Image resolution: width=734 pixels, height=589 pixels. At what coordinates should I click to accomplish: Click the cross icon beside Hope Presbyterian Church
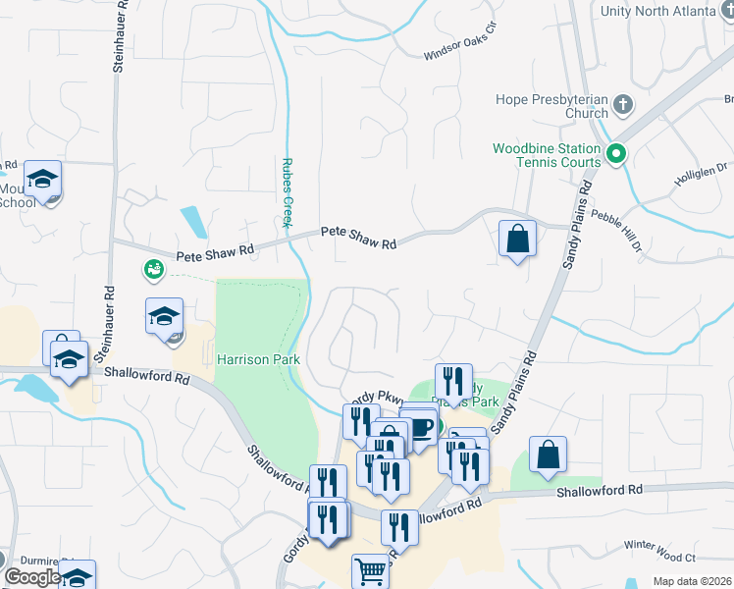click(x=622, y=102)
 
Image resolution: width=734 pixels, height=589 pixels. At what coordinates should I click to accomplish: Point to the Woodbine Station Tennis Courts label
click(x=546, y=154)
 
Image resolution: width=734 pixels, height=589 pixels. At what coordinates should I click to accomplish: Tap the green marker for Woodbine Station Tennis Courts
click(x=616, y=153)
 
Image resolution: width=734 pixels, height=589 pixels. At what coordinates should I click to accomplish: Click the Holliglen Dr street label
click(x=700, y=174)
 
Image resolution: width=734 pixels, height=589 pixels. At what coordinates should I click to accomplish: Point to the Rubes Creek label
click(x=288, y=191)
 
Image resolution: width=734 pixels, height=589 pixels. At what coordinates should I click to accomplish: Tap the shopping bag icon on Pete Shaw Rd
click(x=517, y=238)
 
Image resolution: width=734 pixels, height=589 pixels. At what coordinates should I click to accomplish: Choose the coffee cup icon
click(x=420, y=428)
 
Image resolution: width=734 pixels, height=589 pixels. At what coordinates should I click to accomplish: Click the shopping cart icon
click(x=370, y=570)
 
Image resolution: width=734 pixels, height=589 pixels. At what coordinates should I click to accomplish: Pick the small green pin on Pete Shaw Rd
click(x=152, y=267)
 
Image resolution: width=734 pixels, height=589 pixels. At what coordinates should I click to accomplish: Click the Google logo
click(x=32, y=577)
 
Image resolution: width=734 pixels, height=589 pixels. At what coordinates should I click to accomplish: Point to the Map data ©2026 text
click(x=692, y=581)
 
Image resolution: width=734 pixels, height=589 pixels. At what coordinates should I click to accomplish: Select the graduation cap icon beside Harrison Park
click(x=165, y=316)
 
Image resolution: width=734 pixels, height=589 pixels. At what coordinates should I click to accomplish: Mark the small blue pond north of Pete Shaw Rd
click(x=193, y=221)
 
